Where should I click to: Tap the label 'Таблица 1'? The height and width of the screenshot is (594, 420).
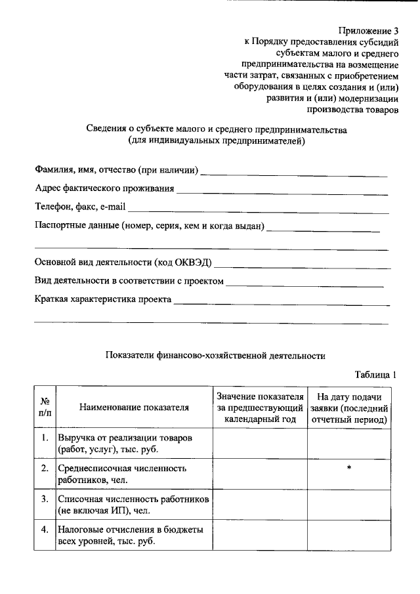tap(376, 375)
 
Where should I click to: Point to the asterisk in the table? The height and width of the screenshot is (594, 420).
tap(349, 467)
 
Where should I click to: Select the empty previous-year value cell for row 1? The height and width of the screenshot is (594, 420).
tap(260, 443)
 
